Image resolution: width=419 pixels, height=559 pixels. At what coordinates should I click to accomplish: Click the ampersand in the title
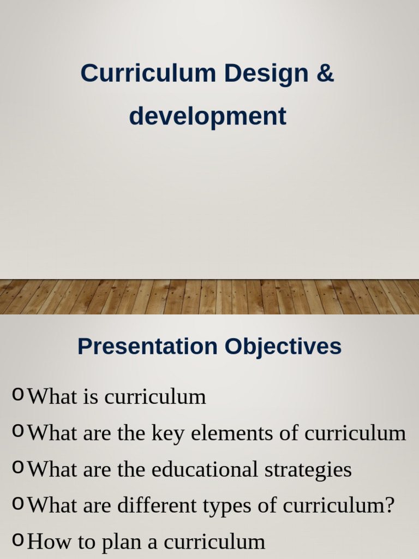[x=325, y=73]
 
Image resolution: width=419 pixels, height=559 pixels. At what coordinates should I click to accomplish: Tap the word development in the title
[x=207, y=116]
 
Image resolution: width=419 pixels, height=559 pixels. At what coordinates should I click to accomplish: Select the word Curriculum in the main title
[x=148, y=73]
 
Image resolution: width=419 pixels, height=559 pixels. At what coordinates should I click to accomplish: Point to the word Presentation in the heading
[x=147, y=347]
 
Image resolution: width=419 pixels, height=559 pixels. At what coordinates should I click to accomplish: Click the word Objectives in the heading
[x=284, y=347]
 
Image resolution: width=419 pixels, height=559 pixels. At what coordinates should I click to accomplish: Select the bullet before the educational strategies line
[x=18, y=467]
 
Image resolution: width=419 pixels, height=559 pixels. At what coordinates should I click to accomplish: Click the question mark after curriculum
[x=388, y=506]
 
